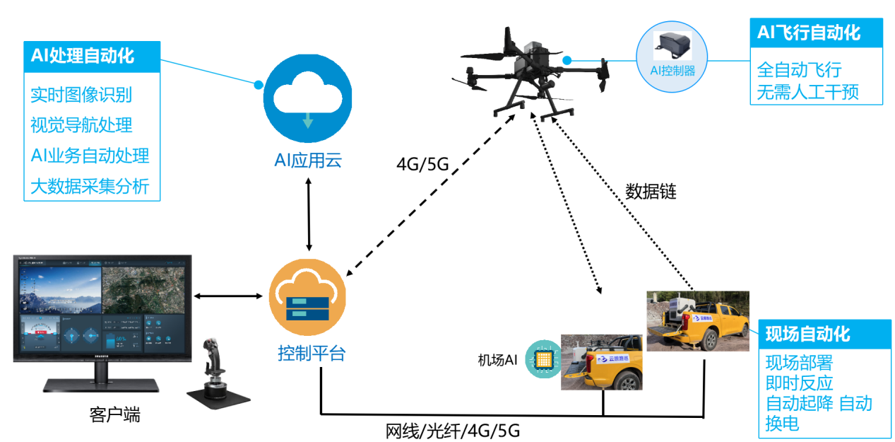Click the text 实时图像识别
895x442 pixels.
tap(81, 95)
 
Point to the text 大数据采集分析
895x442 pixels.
tap(90, 186)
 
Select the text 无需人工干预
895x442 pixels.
tap(807, 93)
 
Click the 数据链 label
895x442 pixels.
tap(651, 192)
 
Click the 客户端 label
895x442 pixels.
tap(114, 414)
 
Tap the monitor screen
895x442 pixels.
tap(102, 308)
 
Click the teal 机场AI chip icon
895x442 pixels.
tap(543, 361)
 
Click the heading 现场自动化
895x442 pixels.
tap(807, 335)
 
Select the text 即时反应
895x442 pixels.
tap(799, 383)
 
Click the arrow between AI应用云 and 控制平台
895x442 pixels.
tap(309, 214)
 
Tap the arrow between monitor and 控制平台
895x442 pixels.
tap(226, 296)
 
